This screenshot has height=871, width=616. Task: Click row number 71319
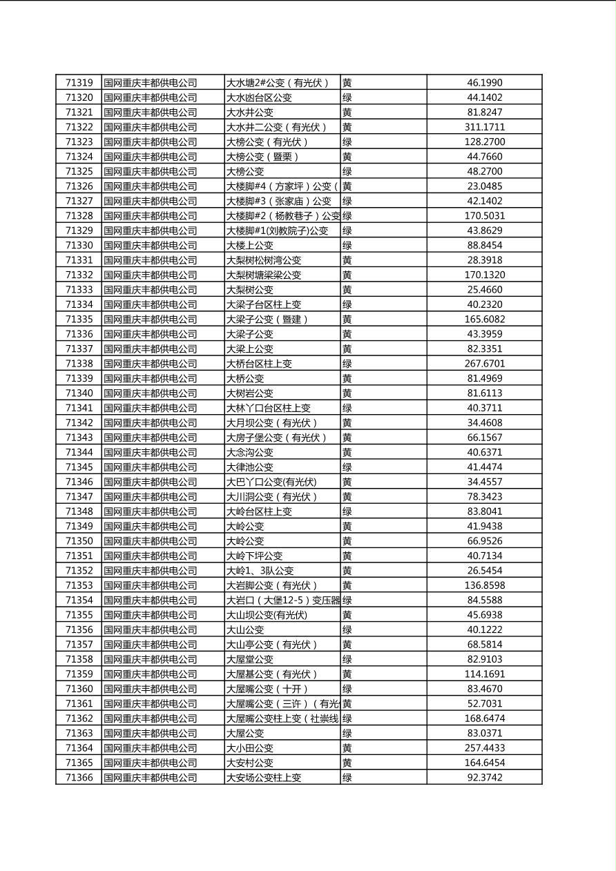point(79,83)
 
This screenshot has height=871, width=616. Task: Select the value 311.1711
point(484,127)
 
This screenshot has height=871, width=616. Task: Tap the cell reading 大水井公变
point(250,112)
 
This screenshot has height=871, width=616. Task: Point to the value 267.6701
point(484,364)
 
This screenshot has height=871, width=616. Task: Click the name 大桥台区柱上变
point(259,364)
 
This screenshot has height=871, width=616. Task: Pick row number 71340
point(79,393)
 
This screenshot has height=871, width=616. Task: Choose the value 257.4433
point(484,748)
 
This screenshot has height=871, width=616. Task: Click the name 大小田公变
point(250,748)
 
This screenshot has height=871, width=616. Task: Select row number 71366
point(79,778)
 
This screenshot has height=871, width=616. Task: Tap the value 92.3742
point(484,778)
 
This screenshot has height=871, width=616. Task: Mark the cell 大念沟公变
point(250,453)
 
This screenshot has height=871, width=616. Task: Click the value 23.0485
point(484,186)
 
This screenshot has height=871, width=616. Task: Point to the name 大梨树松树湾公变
point(264,260)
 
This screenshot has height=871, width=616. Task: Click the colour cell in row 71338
point(347,364)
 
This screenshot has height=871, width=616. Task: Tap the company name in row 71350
point(151,541)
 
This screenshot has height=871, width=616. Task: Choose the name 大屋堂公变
point(250,660)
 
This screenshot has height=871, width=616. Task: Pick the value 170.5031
point(484,216)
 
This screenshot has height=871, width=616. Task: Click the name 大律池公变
point(250,467)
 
